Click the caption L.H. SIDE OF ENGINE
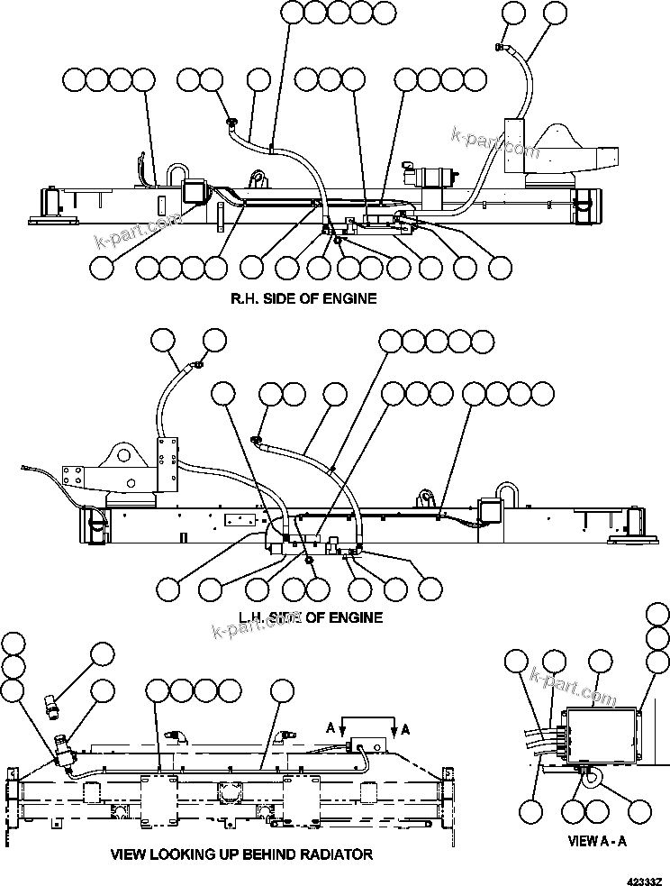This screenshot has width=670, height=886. click(x=311, y=617)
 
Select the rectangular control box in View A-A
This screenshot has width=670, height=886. click(x=599, y=735)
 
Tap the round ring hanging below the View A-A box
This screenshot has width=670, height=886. click(x=591, y=783)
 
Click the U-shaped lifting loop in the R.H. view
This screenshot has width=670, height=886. click(x=174, y=175)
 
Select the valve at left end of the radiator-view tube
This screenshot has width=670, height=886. click(x=65, y=751)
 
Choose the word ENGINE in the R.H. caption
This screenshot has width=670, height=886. click(x=352, y=298)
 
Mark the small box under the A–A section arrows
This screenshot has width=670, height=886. click(x=368, y=744)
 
